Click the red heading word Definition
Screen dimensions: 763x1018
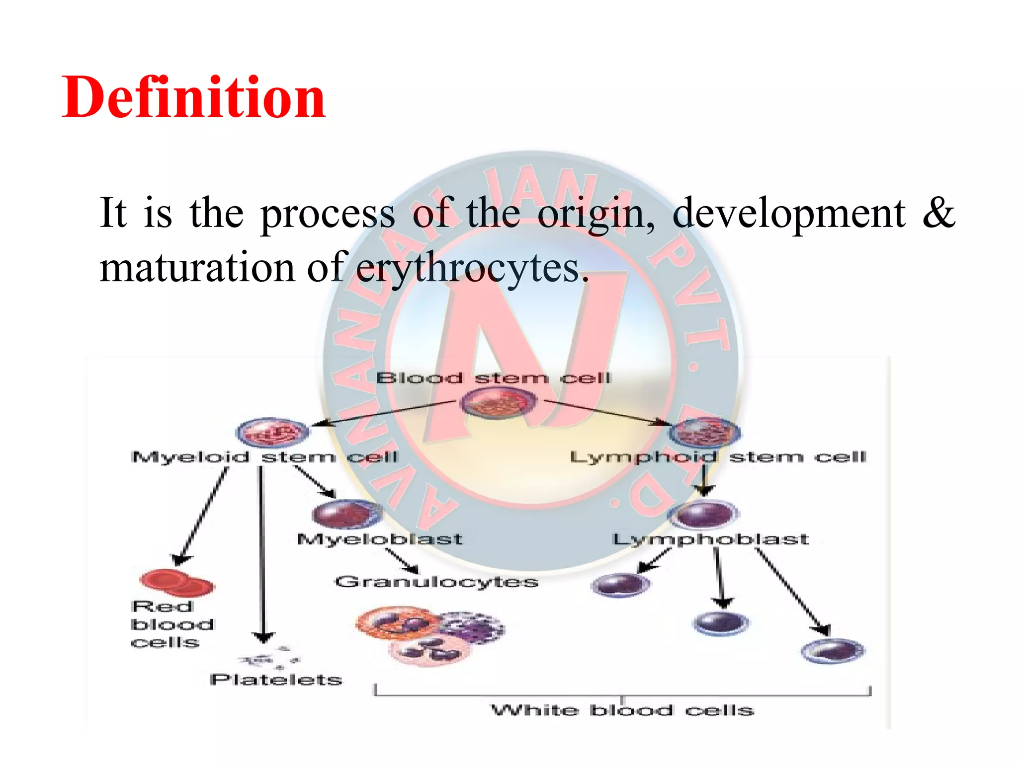[x=193, y=97]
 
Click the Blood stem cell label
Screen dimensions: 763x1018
[x=493, y=378]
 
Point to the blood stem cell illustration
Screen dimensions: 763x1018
[x=499, y=402]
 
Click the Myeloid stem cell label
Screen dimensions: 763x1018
[x=265, y=457]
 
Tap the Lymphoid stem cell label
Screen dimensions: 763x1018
[x=718, y=457]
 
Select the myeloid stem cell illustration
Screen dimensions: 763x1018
[x=272, y=432]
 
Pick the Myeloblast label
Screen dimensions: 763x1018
[x=379, y=539]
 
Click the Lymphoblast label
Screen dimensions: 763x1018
[x=710, y=539]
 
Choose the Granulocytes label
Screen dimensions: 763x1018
[x=436, y=582]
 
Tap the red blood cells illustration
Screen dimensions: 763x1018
[x=176, y=583]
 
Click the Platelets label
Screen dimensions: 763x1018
[x=276, y=680]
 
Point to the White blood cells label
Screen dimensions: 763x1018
[x=622, y=710]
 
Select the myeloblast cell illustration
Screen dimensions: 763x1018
[x=346, y=514]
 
